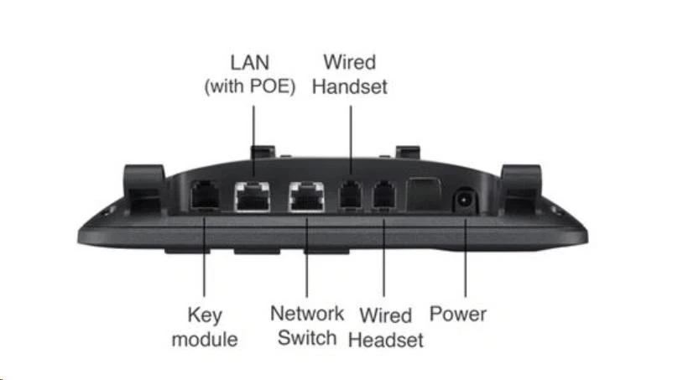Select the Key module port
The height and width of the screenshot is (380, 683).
[x=204, y=195]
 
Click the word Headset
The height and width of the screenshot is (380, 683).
[x=385, y=340]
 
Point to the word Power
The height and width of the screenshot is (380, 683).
[x=458, y=315]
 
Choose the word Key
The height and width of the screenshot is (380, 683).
[x=204, y=315]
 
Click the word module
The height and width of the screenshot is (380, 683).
[x=204, y=340]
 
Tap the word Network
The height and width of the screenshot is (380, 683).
[x=307, y=314]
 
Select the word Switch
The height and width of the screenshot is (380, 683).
[x=307, y=338]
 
